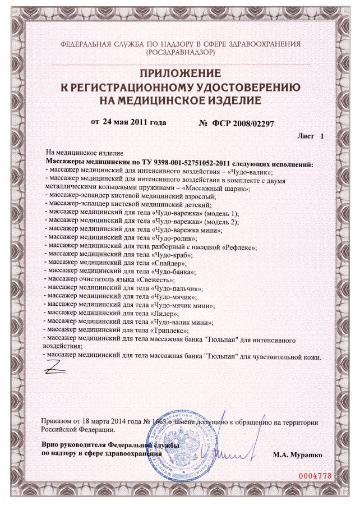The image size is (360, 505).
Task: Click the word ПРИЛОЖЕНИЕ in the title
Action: pos(179,73)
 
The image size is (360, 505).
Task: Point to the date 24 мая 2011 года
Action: pos(135,122)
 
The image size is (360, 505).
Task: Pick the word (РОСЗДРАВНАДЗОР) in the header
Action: pos(179,52)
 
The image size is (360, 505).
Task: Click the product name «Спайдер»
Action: pos(169,263)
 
